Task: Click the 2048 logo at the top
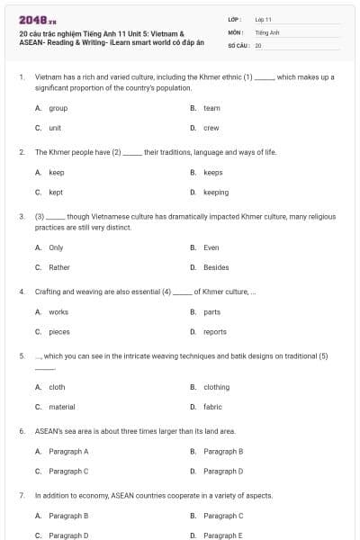(31, 20)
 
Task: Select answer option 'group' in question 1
(58, 108)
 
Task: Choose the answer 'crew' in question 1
(211, 128)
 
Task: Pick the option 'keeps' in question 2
(212, 172)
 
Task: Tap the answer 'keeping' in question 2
(216, 192)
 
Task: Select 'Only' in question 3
(56, 247)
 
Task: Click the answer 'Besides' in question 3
(216, 266)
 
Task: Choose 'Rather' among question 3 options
(58, 266)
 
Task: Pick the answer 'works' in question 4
(58, 311)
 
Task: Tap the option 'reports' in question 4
(215, 331)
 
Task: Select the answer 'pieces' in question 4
(59, 331)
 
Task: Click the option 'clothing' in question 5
(216, 387)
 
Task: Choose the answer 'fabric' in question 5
(212, 407)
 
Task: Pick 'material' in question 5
(61, 407)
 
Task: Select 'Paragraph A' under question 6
(68, 451)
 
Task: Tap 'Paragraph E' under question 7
(223, 535)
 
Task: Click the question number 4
(21, 292)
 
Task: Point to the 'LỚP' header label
(234, 19)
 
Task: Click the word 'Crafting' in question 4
(48, 292)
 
